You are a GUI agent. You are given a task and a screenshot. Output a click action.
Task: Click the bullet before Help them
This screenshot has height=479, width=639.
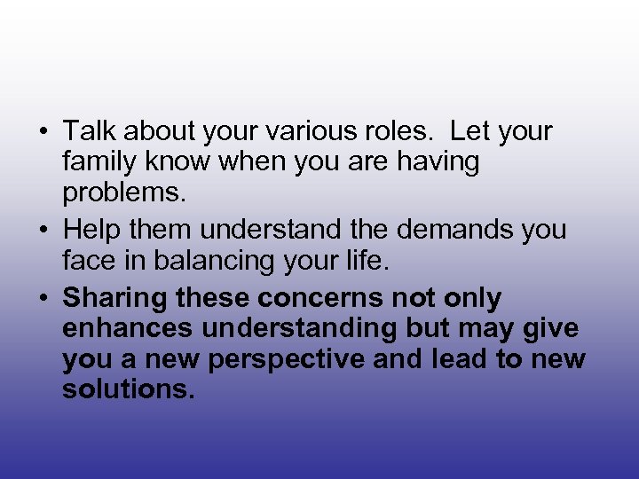click(43, 230)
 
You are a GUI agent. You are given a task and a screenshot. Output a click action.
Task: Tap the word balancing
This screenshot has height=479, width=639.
click(229, 262)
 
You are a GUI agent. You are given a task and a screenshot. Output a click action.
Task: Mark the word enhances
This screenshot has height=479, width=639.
click(128, 329)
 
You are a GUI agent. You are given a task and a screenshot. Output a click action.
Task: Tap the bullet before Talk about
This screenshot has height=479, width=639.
click(43, 132)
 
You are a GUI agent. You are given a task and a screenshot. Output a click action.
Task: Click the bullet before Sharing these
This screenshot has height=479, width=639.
click(43, 297)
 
